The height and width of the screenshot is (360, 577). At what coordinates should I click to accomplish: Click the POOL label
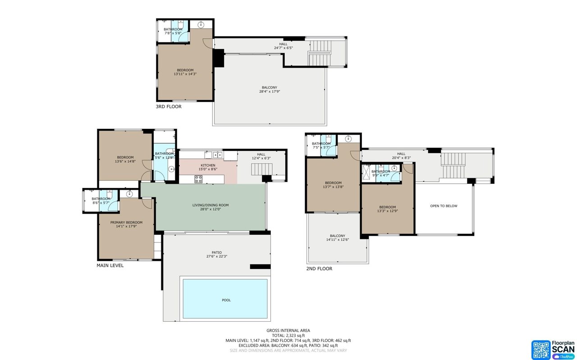(x=226, y=300)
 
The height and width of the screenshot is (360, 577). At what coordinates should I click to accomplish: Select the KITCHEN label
(x=208, y=165)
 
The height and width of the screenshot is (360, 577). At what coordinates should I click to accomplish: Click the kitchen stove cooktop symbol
(x=198, y=179)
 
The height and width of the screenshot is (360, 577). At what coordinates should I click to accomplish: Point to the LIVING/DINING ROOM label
(x=211, y=205)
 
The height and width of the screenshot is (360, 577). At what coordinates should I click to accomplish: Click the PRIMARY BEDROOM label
(x=126, y=222)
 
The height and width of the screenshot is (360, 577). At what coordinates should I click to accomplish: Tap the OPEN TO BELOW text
(x=444, y=206)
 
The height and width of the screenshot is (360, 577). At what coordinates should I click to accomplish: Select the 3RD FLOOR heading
(x=169, y=107)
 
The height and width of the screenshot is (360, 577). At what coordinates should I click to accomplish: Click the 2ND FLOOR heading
(x=319, y=269)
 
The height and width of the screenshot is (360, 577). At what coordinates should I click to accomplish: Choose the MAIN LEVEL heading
(x=110, y=265)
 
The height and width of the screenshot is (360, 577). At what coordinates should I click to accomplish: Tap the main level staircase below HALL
(x=262, y=169)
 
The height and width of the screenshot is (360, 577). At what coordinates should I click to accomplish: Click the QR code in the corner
(x=541, y=350)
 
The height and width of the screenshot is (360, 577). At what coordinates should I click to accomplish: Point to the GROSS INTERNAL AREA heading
(x=288, y=330)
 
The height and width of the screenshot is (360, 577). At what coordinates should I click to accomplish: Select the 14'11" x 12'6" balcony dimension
(x=337, y=240)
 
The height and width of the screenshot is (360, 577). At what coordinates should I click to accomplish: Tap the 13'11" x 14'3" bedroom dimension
(x=185, y=74)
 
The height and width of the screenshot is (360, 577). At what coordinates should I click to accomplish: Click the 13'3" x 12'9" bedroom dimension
(x=388, y=210)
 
